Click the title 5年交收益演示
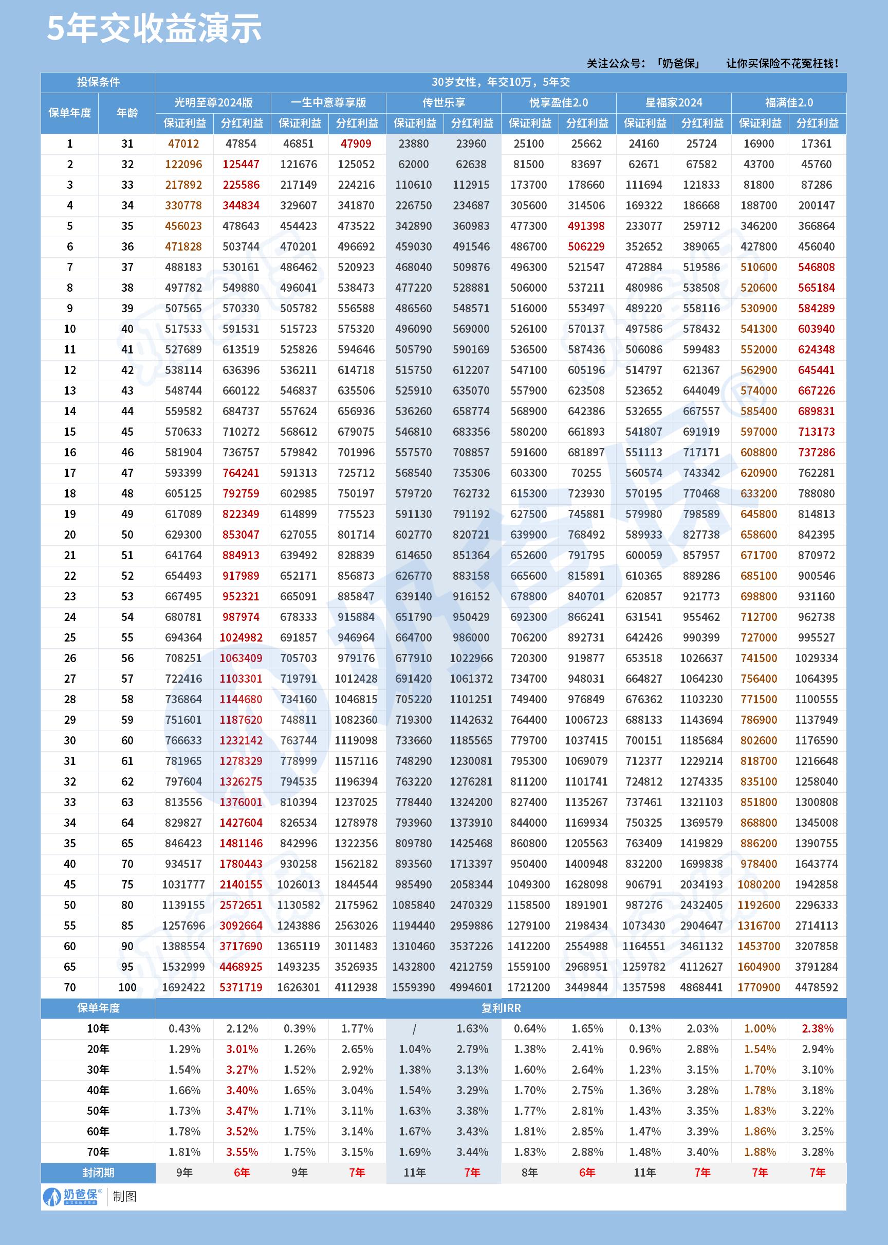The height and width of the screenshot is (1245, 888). tap(154, 28)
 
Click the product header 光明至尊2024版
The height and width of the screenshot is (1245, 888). tap(213, 102)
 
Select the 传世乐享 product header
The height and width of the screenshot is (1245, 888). tap(443, 102)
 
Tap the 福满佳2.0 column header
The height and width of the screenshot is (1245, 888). tap(788, 102)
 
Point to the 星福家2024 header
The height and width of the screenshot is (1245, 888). tap(674, 102)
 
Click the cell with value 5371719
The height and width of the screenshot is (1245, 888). tap(241, 987)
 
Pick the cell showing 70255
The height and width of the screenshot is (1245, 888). tap(586, 473)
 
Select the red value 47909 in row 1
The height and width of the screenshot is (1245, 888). tap(356, 144)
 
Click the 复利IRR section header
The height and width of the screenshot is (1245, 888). tap(501, 1008)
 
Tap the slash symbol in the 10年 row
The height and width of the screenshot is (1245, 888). tap(415, 1029)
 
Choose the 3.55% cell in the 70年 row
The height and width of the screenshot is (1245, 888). tap(242, 1152)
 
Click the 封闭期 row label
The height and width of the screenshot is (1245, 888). tap(99, 1173)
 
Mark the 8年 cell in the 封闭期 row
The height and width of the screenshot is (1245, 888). tap(529, 1173)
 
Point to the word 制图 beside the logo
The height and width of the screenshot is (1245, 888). tap(125, 1196)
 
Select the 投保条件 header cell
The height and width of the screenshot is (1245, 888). tap(99, 82)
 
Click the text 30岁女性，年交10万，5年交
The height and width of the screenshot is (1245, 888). tap(501, 82)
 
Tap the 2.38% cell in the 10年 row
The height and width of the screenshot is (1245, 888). tap(818, 1029)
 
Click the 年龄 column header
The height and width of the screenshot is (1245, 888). tap(127, 113)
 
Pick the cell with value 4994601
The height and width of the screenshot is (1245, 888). tap(471, 987)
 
